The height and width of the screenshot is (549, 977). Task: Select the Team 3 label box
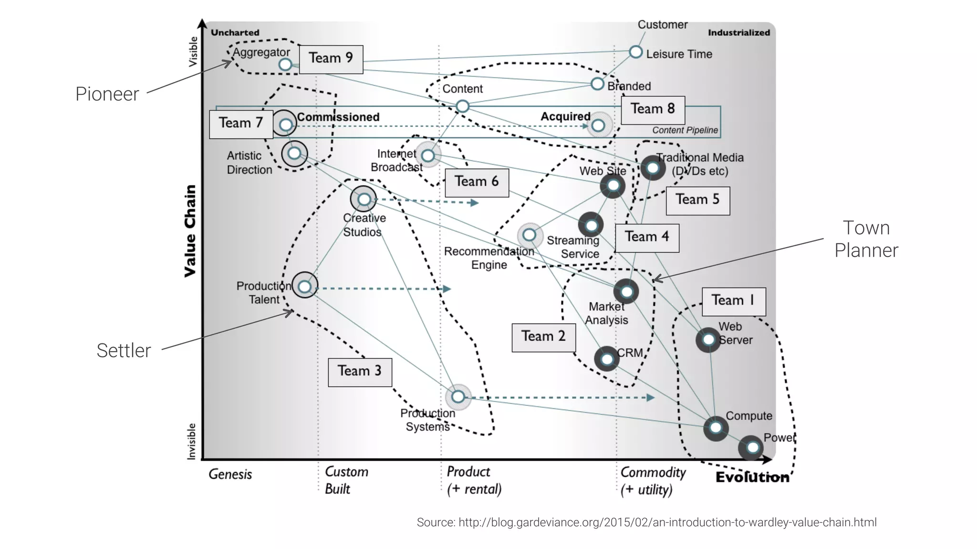360,372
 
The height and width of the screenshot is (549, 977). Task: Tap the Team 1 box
733,301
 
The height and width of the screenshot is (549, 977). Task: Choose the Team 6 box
477,182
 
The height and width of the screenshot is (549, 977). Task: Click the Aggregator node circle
285,64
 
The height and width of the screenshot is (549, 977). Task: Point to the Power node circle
752,447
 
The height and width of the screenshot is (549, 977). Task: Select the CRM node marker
607,359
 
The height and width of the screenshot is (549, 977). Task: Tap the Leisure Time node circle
635,52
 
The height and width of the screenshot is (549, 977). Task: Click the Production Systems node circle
458,396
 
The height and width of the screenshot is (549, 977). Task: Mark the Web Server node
708,340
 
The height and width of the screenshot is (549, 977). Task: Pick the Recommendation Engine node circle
529,235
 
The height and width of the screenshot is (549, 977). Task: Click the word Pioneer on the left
107,94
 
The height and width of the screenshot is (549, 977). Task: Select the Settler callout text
124,351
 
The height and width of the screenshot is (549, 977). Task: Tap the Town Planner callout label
866,239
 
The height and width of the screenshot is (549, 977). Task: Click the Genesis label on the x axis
230,474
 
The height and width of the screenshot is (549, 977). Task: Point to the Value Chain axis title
190,230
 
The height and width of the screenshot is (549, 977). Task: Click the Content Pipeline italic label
685,130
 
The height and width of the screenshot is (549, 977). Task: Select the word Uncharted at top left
235,32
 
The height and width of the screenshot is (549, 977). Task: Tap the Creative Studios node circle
364,199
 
